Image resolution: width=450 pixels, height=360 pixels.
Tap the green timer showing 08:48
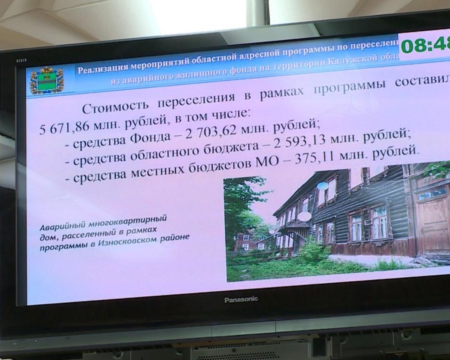coord(424,45)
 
